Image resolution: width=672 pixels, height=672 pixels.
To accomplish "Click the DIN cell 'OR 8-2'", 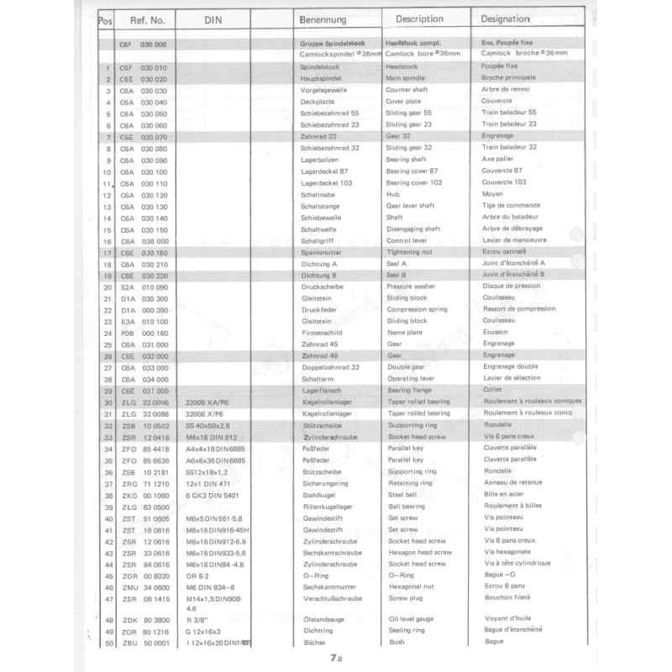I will point(199,576).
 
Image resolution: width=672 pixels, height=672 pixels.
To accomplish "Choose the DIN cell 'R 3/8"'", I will point(198,620).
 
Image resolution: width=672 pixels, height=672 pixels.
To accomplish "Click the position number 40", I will point(108,519).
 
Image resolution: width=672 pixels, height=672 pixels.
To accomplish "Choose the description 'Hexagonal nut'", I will point(409,587).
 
